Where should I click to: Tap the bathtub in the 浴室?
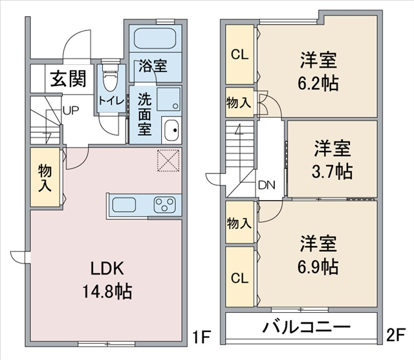pyautogui.click(x=155, y=38)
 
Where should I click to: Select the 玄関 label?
pyautogui.click(x=69, y=78)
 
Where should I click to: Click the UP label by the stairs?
pyautogui.click(x=71, y=111)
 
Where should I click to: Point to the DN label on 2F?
pyautogui.click(x=267, y=185)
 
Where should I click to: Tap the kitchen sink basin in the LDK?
pyautogui.click(x=124, y=205)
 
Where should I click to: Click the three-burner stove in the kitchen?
pyautogui.click(x=164, y=205)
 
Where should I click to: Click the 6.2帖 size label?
pyautogui.click(x=318, y=83)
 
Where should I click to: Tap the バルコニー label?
pyautogui.click(x=306, y=327)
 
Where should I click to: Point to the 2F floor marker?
pyautogui.click(x=395, y=336)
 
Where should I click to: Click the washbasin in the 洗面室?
pyautogui.click(x=171, y=129)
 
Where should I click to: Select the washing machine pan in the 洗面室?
pyautogui.click(x=169, y=99)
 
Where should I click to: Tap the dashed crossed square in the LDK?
pyautogui.click(x=168, y=161)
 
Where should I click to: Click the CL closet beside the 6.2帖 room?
pyautogui.click(x=240, y=54)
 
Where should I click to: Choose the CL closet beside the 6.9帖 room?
pyautogui.click(x=240, y=277)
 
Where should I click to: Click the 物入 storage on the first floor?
pyautogui.click(x=45, y=177)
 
